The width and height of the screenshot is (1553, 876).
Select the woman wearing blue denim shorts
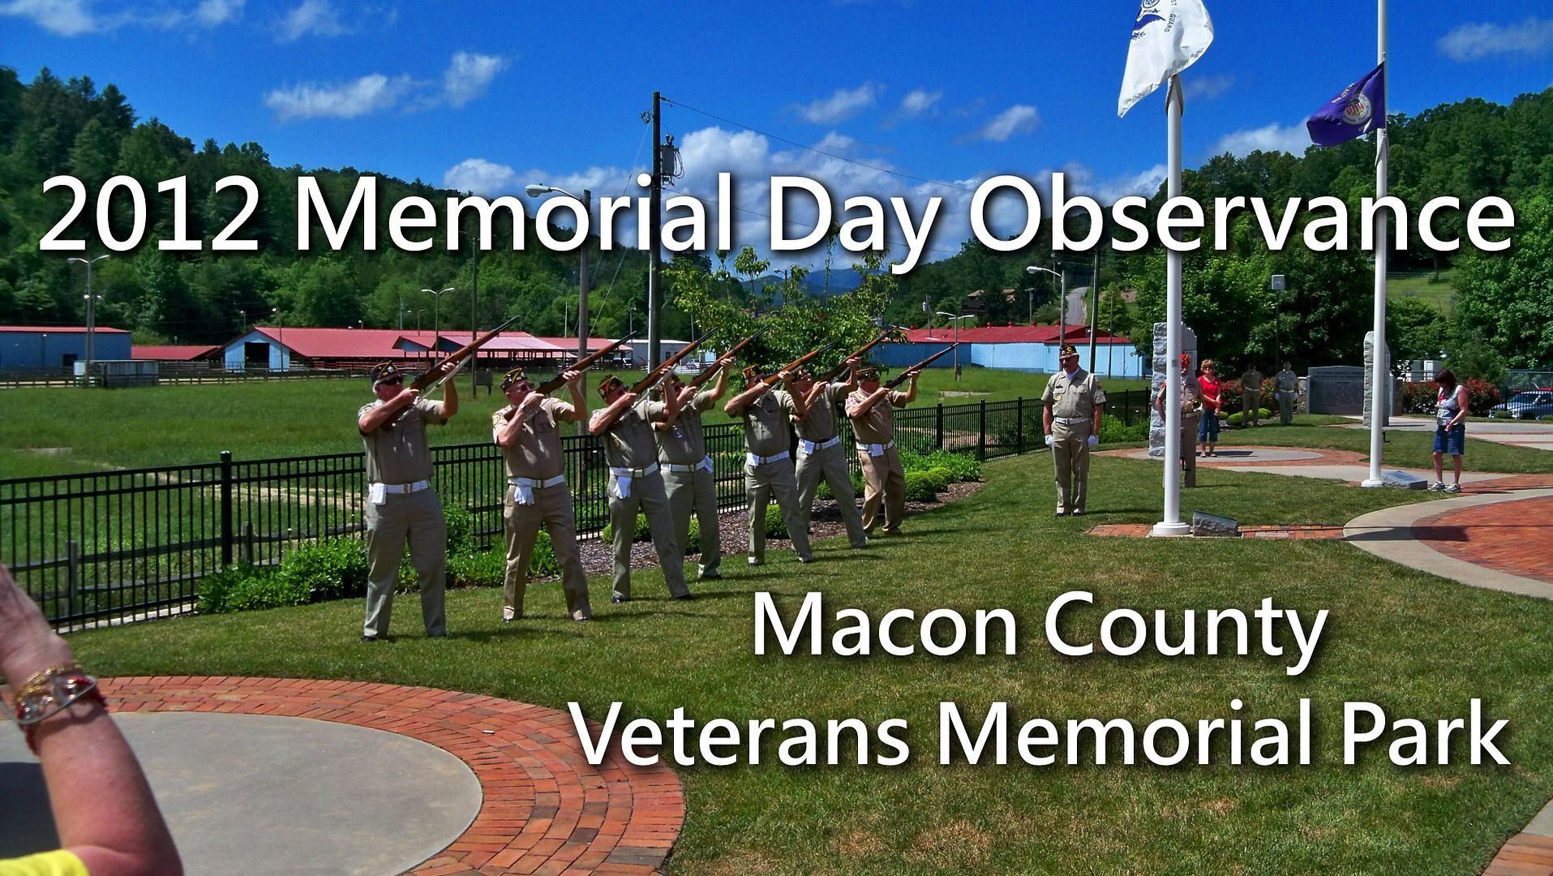tap(1448, 431)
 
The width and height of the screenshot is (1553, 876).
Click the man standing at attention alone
tap(1072, 430)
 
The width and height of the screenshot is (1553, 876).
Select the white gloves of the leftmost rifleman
tap(378, 493)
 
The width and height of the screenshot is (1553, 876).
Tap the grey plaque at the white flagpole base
tap(1214, 524)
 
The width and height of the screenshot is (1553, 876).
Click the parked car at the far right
tap(1521, 405)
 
